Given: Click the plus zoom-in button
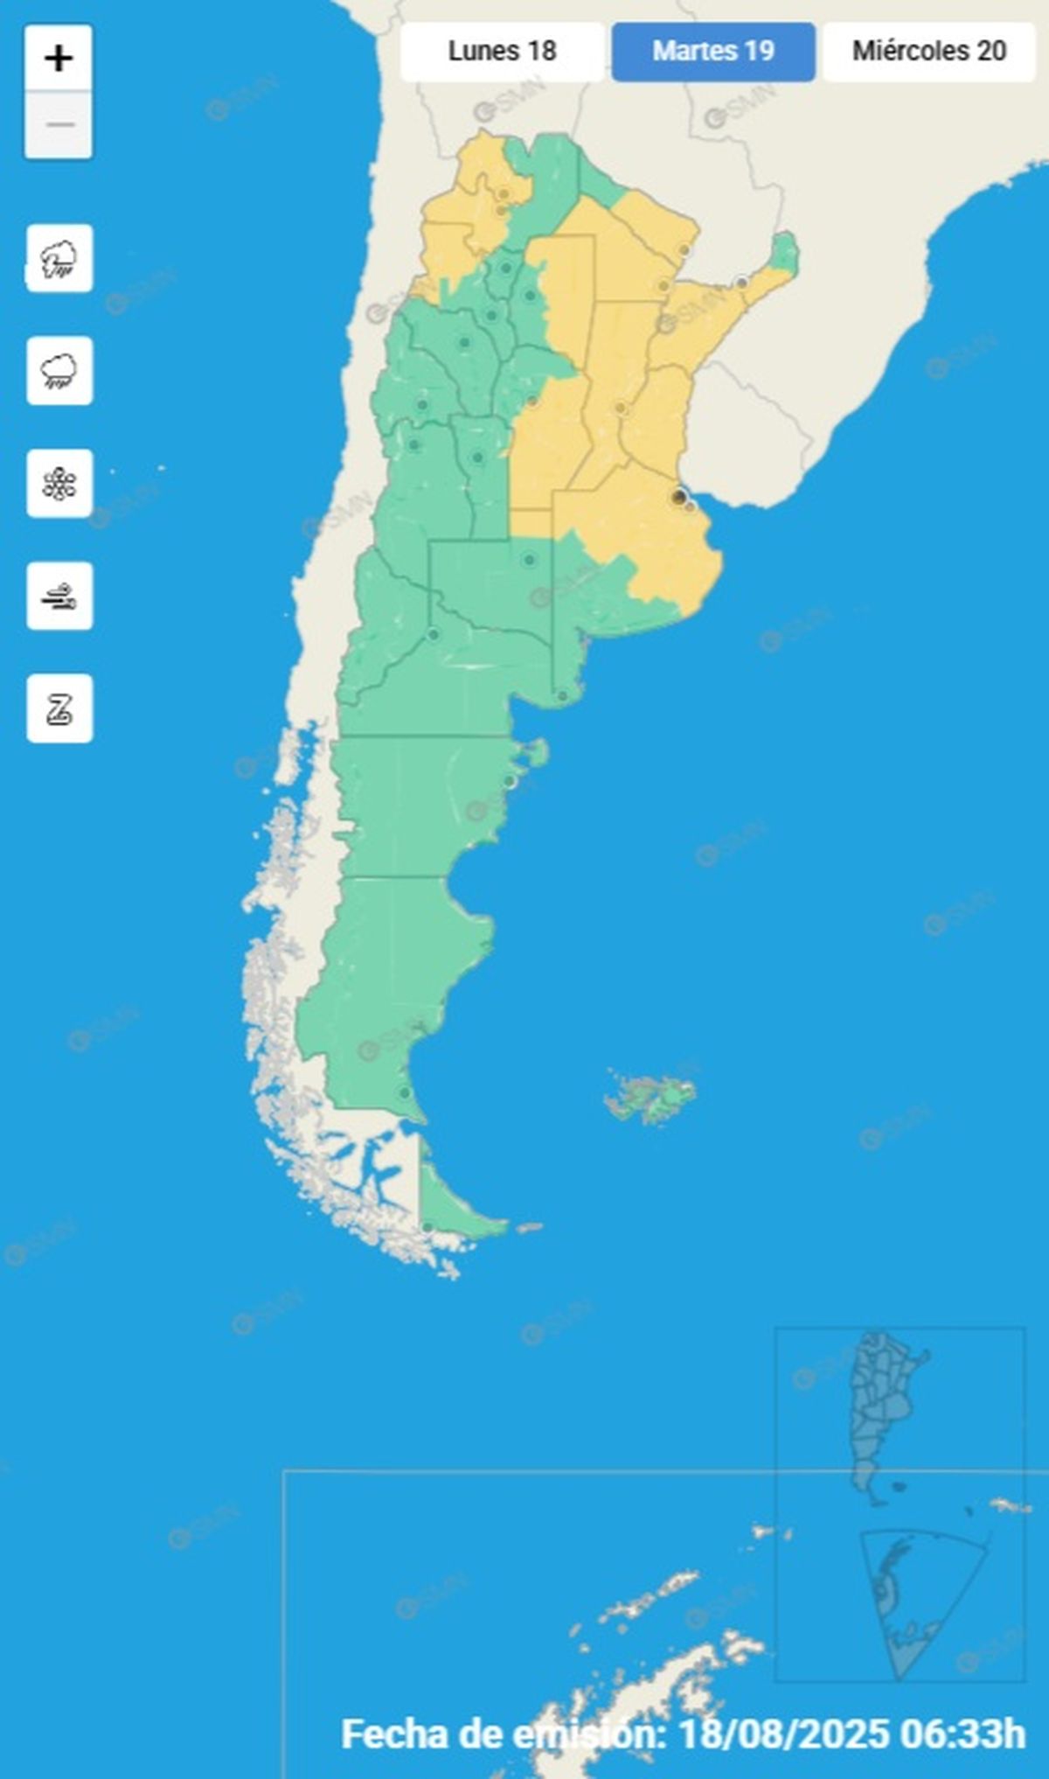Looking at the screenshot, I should point(59,59).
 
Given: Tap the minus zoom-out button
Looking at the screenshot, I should point(59,125).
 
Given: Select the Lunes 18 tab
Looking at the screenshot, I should point(502,51).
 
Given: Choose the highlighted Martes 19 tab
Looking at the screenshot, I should point(713,51).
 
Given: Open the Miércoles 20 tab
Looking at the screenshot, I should point(929,51).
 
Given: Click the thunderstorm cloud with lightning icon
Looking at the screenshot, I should point(59,259).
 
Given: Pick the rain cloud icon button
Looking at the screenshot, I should point(59,371).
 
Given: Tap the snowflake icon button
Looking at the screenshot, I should point(59,484).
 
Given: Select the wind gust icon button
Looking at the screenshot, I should point(59,596).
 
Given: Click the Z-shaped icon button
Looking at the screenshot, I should point(59,708).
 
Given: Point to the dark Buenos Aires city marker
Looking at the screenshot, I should point(678,497).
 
